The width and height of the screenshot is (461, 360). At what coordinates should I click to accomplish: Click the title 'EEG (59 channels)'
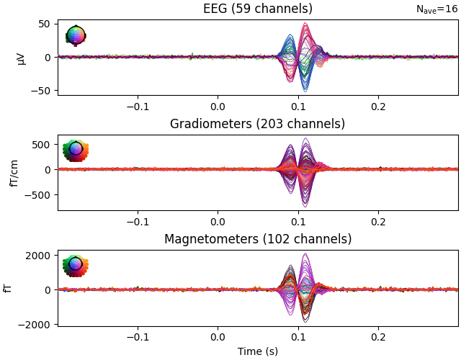coord(257,9)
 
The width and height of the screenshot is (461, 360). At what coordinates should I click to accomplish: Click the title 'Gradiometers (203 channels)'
coord(257,124)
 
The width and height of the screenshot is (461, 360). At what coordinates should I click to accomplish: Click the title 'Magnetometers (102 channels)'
coord(257,239)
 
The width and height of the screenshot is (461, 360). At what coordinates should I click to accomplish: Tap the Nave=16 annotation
coord(437,9)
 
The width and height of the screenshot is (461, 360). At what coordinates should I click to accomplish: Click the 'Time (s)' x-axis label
coord(257,351)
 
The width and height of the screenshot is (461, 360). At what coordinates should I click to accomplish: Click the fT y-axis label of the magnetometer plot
coord(7,288)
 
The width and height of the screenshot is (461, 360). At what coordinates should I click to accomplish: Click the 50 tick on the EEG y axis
coord(44,24)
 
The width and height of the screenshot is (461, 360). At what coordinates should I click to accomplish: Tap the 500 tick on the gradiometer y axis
coord(41,145)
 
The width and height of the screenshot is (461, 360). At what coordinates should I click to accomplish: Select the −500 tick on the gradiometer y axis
coord(39,194)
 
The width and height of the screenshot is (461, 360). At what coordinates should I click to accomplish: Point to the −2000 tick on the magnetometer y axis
coord(36,325)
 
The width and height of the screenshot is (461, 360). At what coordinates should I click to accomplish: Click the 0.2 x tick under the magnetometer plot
coord(377,336)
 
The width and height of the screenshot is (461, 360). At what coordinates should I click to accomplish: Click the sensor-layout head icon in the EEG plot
coord(76,35)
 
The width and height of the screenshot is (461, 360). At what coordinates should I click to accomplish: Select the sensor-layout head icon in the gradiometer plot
coord(76,150)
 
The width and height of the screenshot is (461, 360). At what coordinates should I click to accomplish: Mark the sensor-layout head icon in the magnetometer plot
coord(76,266)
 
